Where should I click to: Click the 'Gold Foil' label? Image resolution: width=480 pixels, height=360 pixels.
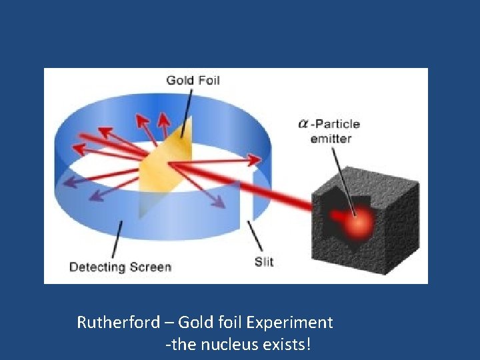(193, 81)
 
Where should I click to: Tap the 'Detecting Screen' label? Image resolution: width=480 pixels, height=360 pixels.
(120, 267)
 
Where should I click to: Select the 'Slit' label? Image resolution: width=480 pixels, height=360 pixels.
(264, 262)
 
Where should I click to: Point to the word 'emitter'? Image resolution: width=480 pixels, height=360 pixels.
(331, 139)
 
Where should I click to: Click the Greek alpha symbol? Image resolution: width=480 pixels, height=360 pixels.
(303, 124)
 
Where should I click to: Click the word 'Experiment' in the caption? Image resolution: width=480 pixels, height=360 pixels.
(289, 323)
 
